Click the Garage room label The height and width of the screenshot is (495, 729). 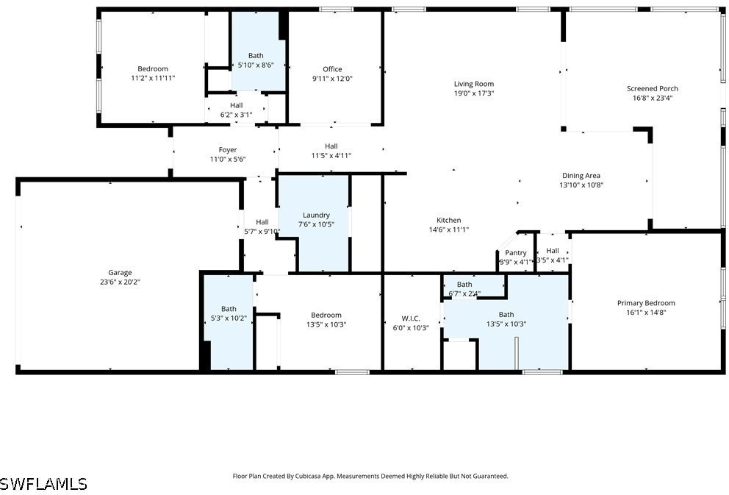click(x=120, y=273)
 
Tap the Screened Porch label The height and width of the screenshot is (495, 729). click(x=653, y=88)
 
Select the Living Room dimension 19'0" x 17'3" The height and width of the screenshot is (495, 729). click(x=474, y=93)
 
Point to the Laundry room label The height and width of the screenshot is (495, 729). click(x=316, y=215)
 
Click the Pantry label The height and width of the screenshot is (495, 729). click(x=516, y=252)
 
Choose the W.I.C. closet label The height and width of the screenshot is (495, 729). click(x=411, y=318)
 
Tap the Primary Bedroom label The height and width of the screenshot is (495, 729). click(x=646, y=303)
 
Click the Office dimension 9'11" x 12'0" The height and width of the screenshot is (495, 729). click(x=332, y=79)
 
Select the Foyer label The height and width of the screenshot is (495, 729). click(x=228, y=150)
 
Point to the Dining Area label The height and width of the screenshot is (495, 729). click(x=581, y=175)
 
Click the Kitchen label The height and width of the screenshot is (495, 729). click(x=449, y=220)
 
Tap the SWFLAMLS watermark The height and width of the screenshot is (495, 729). click(x=43, y=483)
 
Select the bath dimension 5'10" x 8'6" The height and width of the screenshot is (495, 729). click(x=256, y=65)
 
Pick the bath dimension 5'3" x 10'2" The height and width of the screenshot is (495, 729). click(x=229, y=318)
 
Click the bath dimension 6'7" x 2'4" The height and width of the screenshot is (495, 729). click(x=464, y=293)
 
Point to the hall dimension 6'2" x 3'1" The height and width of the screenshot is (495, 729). click(x=236, y=115)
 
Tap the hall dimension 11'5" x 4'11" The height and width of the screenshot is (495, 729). click(x=331, y=155)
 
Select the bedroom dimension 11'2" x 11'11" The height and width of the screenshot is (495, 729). click(x=153, y=78)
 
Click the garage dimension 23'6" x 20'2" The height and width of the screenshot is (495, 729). click(x=120, y=282)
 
